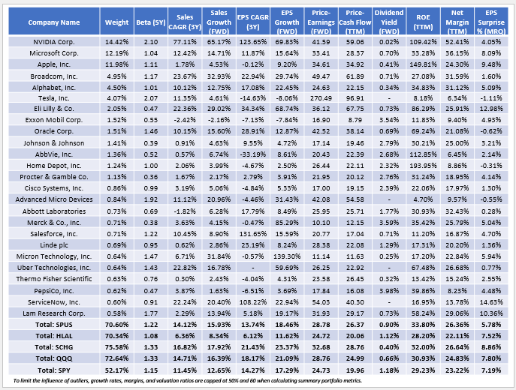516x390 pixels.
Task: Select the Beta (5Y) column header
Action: pos(155,22)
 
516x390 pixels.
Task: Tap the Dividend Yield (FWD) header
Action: pos(390,22)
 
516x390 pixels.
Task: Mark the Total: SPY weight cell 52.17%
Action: pos(118,370)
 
